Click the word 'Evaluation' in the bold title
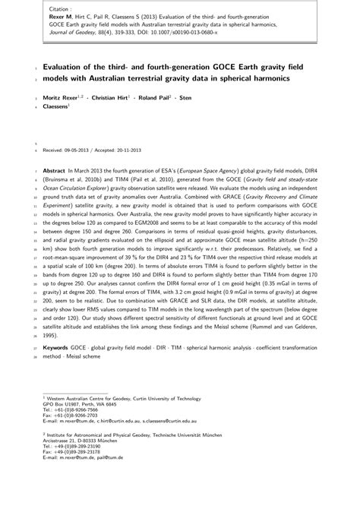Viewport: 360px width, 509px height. click(68, 66)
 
